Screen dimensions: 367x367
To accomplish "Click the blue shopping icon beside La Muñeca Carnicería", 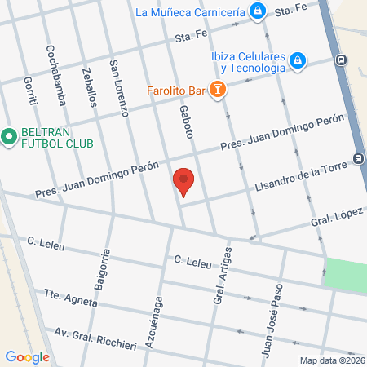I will point(258,11).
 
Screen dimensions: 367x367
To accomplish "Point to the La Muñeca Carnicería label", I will point(190,12).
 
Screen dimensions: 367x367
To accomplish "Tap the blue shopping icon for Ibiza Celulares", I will point(298,60).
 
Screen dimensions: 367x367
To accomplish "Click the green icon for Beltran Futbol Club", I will point(10,136).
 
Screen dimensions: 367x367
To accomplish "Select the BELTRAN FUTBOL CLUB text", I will point(56,137).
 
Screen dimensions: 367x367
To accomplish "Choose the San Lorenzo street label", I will point(120,89).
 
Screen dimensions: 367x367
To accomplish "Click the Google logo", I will point(28,356).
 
